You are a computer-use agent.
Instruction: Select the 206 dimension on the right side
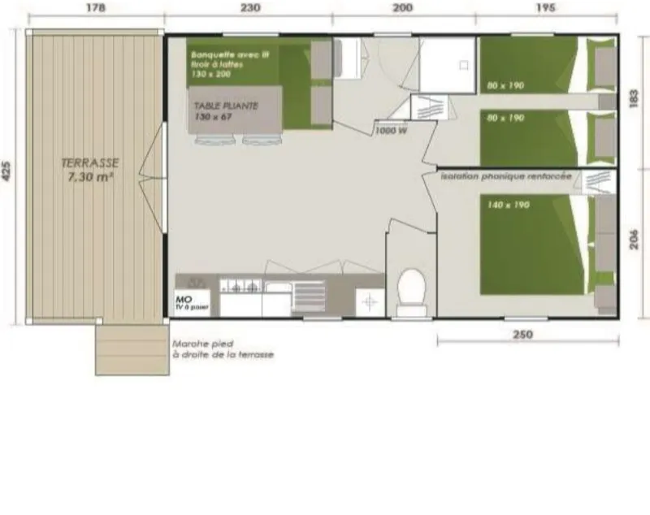tap(635, 241)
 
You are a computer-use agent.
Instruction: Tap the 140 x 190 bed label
tap(509, 206)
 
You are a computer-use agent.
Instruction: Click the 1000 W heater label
tap(391, 131)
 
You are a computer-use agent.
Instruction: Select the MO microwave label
tap(183, 299)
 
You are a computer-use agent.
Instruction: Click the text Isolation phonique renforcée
tap(505, 175)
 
